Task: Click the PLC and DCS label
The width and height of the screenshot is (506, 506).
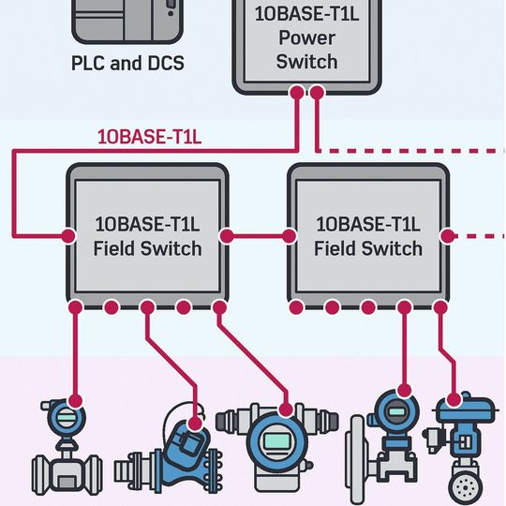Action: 127,65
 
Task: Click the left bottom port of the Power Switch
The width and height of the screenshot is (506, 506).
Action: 298,93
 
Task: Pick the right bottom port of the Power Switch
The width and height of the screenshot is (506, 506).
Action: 318,93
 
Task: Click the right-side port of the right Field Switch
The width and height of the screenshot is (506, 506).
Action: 448,234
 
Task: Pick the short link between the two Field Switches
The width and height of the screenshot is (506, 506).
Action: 259,234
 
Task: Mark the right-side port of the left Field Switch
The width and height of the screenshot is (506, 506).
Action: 226,234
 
